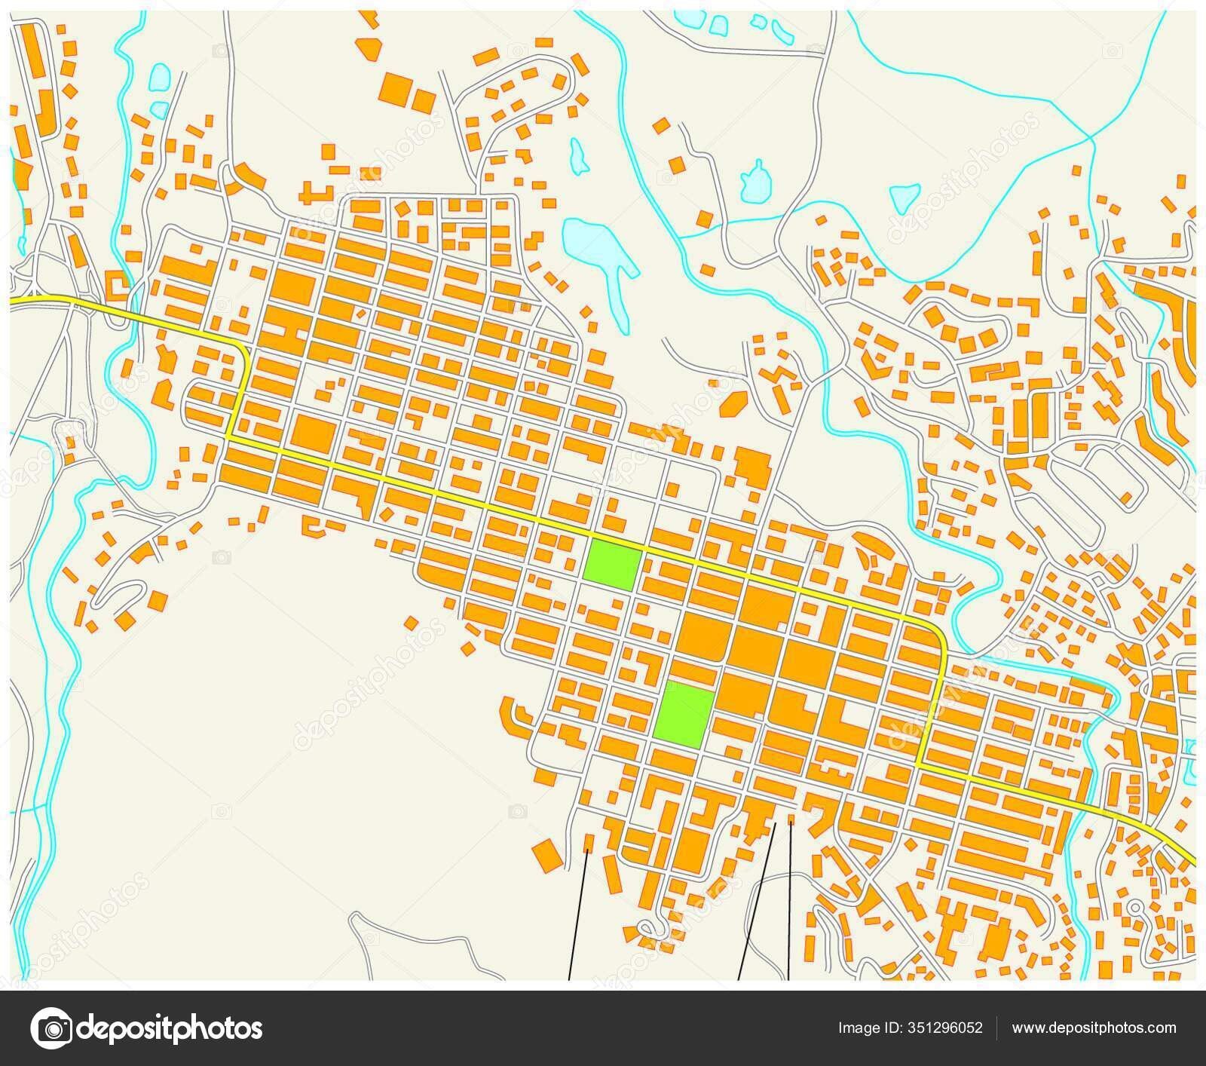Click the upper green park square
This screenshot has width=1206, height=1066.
tap(613, 565)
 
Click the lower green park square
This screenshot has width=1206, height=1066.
tap(684, 715)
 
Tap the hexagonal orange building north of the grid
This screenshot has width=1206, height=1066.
tap(730, 404)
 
